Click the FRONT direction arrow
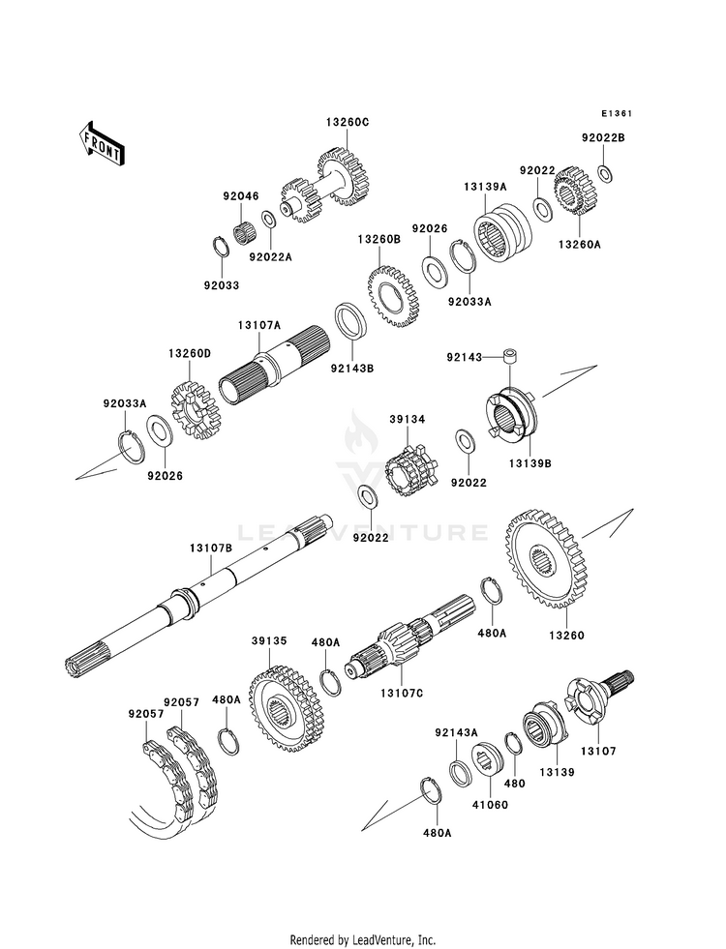(x=101, y=143)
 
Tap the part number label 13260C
(x=348, y=122)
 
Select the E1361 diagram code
(x=617, y=113)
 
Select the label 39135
(x=270, y=641)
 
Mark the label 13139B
(x=529, y=464)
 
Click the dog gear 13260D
(x=195, y=410)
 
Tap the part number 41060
(x=491, y=805)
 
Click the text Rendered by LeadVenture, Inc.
(x=363, y=940)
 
